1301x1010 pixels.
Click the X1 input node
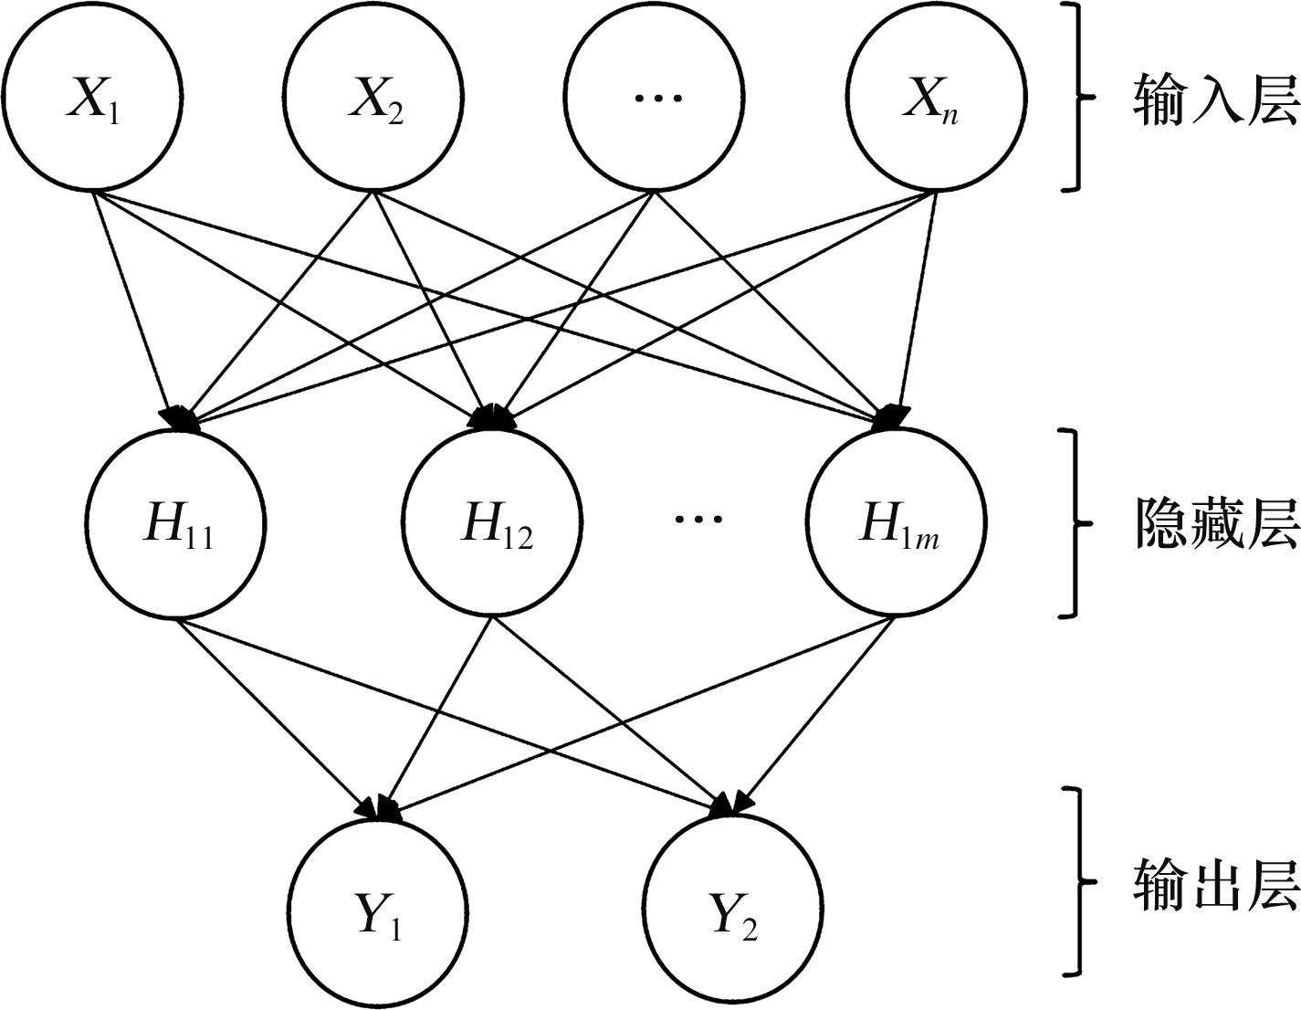click(92, 95)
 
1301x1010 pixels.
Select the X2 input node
click(373, 95)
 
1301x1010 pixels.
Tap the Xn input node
click(936, 95)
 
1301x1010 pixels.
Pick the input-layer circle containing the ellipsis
click(655, 95)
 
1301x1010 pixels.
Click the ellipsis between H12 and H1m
click(698, 519)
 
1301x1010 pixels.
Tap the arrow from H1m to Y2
click(817, 712)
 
